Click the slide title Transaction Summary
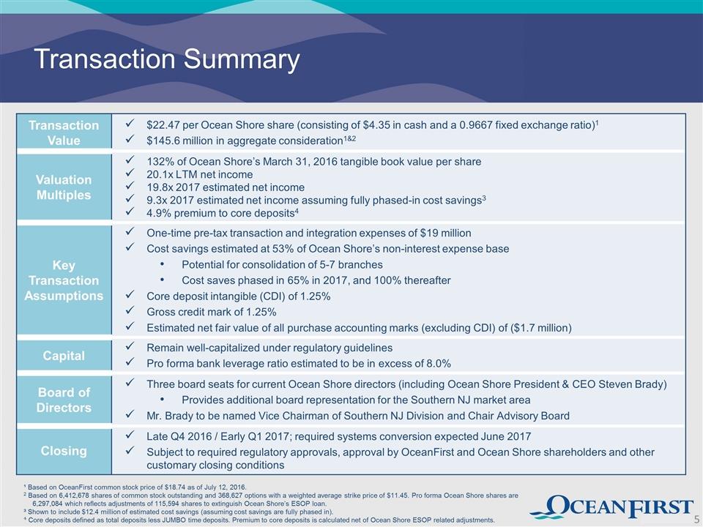167,59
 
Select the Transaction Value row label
64,132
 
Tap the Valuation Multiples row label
64,187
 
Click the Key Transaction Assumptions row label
64,280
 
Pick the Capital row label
64,356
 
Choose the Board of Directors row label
64,400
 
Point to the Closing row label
64,450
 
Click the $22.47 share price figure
161,125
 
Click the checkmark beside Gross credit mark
130,310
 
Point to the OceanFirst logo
612,507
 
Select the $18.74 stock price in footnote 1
174,487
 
